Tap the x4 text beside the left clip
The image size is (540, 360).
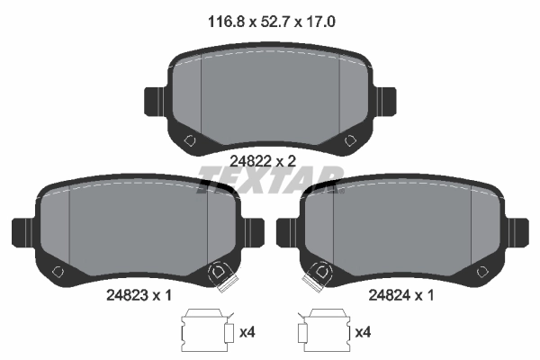click(x=247, y=332)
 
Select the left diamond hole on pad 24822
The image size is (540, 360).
click(x=190, y=139)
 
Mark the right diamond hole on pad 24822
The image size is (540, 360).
click(x=349, y=139)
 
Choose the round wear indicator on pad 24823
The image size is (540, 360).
click(x=218, y=272)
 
